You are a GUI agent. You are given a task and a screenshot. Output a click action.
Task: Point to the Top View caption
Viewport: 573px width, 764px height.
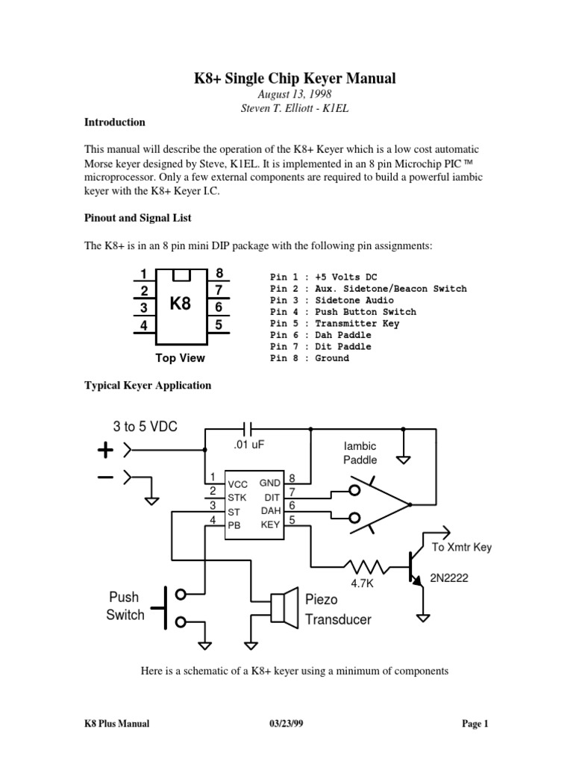(180, 358)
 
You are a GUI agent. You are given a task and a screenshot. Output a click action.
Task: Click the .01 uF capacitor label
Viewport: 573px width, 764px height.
(249, 445)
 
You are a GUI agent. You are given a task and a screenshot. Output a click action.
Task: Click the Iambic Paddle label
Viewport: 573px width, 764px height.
(360, 452)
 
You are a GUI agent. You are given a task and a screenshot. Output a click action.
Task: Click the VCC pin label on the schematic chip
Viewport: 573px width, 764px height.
(237, 484)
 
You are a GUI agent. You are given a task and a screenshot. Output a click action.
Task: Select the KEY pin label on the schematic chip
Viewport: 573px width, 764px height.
(269, 525)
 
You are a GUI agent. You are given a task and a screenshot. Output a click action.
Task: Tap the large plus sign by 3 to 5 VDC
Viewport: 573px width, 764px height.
(105, 451)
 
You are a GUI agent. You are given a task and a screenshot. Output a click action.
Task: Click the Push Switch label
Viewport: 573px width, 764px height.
(125, 607)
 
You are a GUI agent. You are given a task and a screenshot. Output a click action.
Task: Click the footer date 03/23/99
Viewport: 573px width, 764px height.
(287, 724)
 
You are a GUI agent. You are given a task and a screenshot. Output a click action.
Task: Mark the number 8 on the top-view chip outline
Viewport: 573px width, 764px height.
(219, 274)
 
